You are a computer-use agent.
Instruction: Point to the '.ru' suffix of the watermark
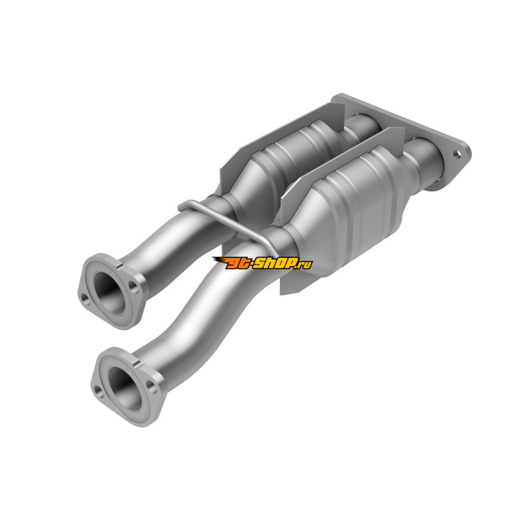304,264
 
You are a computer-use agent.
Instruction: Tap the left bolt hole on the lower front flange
98,390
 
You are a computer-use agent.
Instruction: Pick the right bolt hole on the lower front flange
151,388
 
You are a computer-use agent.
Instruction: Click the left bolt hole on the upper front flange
84,298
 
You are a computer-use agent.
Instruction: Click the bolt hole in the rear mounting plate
457,154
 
